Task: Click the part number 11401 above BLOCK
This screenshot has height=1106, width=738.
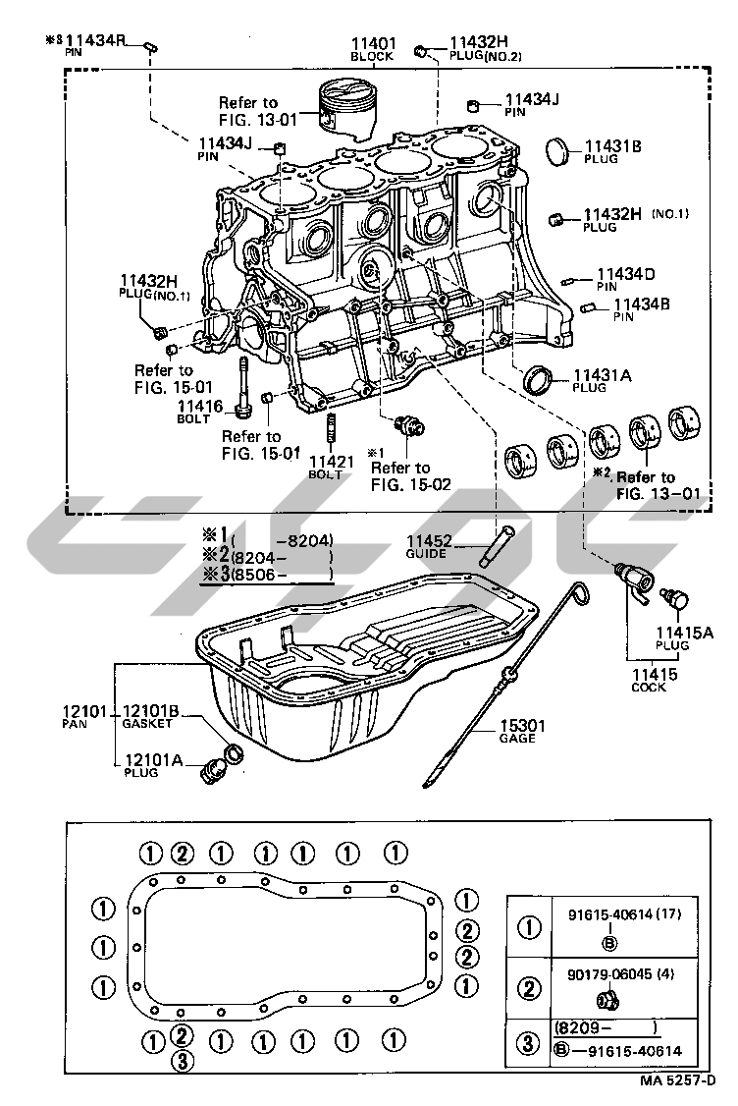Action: (373, 43)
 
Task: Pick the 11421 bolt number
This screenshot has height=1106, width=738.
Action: (326, 461)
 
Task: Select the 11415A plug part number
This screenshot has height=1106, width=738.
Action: (684, 634)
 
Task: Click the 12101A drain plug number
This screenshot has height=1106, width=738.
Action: (151, 759)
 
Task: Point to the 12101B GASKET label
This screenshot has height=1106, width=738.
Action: (151, 710)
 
